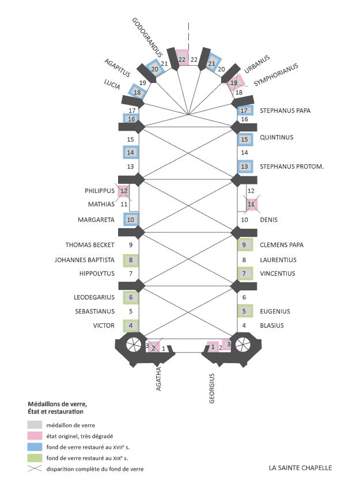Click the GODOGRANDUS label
coord(147,37)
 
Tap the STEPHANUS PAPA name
coord(285,111)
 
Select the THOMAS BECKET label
coord(90,245)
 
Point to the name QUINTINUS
coord(276,137)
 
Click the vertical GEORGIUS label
coord(211,388)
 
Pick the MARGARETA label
coord(96,220)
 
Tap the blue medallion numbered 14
coord(131,152)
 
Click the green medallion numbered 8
coord(131,260)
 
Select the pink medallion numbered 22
coord(182,58)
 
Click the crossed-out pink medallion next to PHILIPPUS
coord(124,191)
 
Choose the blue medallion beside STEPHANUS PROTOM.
coord(245,167)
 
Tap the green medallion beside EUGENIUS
coord(245,311)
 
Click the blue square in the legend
coord(35,447)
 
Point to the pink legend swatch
coord(35,436)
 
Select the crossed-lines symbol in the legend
coord(35,468)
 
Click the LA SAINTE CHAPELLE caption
coord(300,468)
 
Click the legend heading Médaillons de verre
coord(58,404)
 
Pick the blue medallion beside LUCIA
coord(138,92)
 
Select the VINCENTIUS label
coord(277,274)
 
